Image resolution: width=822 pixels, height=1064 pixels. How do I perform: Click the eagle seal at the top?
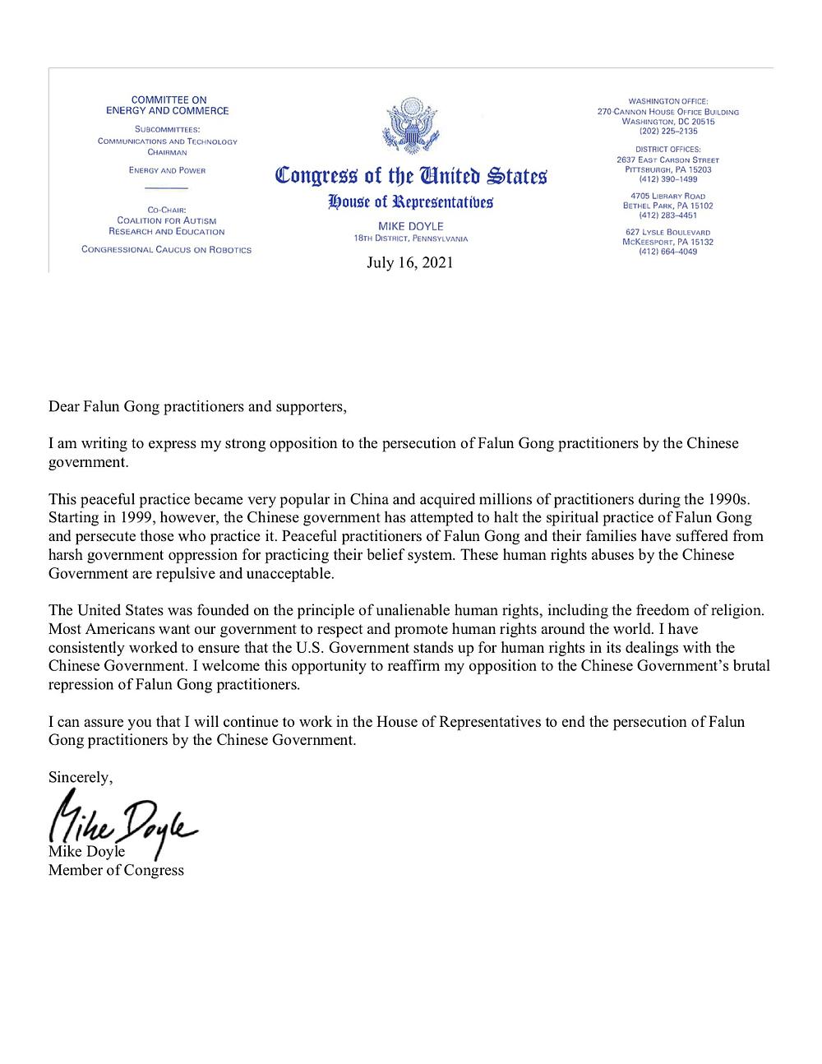pyautogui.click(x=411, y=126)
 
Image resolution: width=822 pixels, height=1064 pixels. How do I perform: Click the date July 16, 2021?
pyautogui.click(x=410, y=263)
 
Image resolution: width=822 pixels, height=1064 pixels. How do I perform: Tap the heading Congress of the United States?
pyautogui.click(x=411, y=176)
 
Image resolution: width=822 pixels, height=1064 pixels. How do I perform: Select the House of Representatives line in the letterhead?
pyautogui.click(x=411, y=201)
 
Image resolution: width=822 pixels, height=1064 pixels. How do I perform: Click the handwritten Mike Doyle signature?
pyautogui.click(x=123, y=814)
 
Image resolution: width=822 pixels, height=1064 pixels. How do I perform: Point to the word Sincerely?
pyautogui.click(x=81, y=777)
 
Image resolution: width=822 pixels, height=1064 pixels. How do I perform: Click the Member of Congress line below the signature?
pyautogui.click(x=116, y=869)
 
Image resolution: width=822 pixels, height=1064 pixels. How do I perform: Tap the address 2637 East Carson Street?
pyautogui.click(x=667, y=160)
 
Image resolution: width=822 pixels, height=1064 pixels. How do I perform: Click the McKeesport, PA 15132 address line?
pyautogui.click(x=667, y=242)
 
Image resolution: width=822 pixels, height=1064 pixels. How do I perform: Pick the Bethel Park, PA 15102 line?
pyautogui.click(x=667, y=206)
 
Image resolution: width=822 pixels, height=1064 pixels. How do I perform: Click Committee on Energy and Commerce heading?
pyautogui.click(x=169, y=105)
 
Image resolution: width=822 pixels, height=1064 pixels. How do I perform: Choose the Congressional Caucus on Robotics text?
pyautogui.click(x=167, y=249)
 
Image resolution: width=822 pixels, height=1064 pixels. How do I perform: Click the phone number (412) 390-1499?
pyautogui.click(x=667, y=178)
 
